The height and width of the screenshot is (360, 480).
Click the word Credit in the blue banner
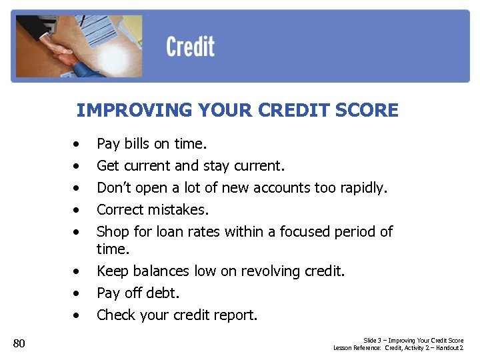point(190,47)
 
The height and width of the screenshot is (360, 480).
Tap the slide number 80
point(19,343)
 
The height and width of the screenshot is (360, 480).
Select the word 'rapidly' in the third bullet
point(362,187)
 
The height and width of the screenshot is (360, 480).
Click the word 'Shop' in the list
point(112,231)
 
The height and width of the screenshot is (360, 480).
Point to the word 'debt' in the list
point(164,293)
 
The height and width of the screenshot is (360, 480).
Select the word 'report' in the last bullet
point(235,315)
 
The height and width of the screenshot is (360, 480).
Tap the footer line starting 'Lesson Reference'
point(398,348)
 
